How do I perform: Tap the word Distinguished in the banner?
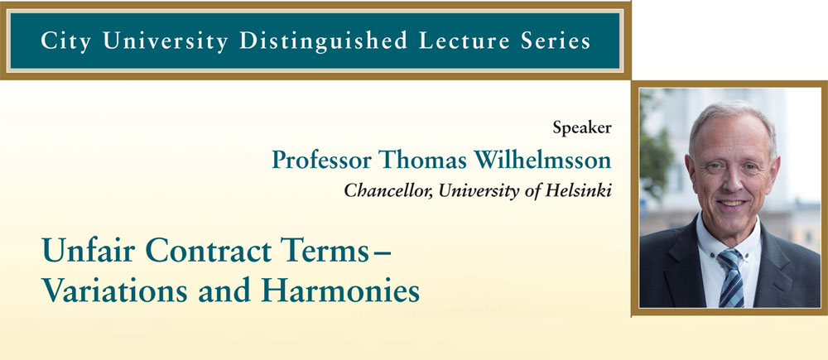323,41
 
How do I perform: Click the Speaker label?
582,127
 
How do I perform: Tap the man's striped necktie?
731,277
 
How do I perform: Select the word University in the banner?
166,41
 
